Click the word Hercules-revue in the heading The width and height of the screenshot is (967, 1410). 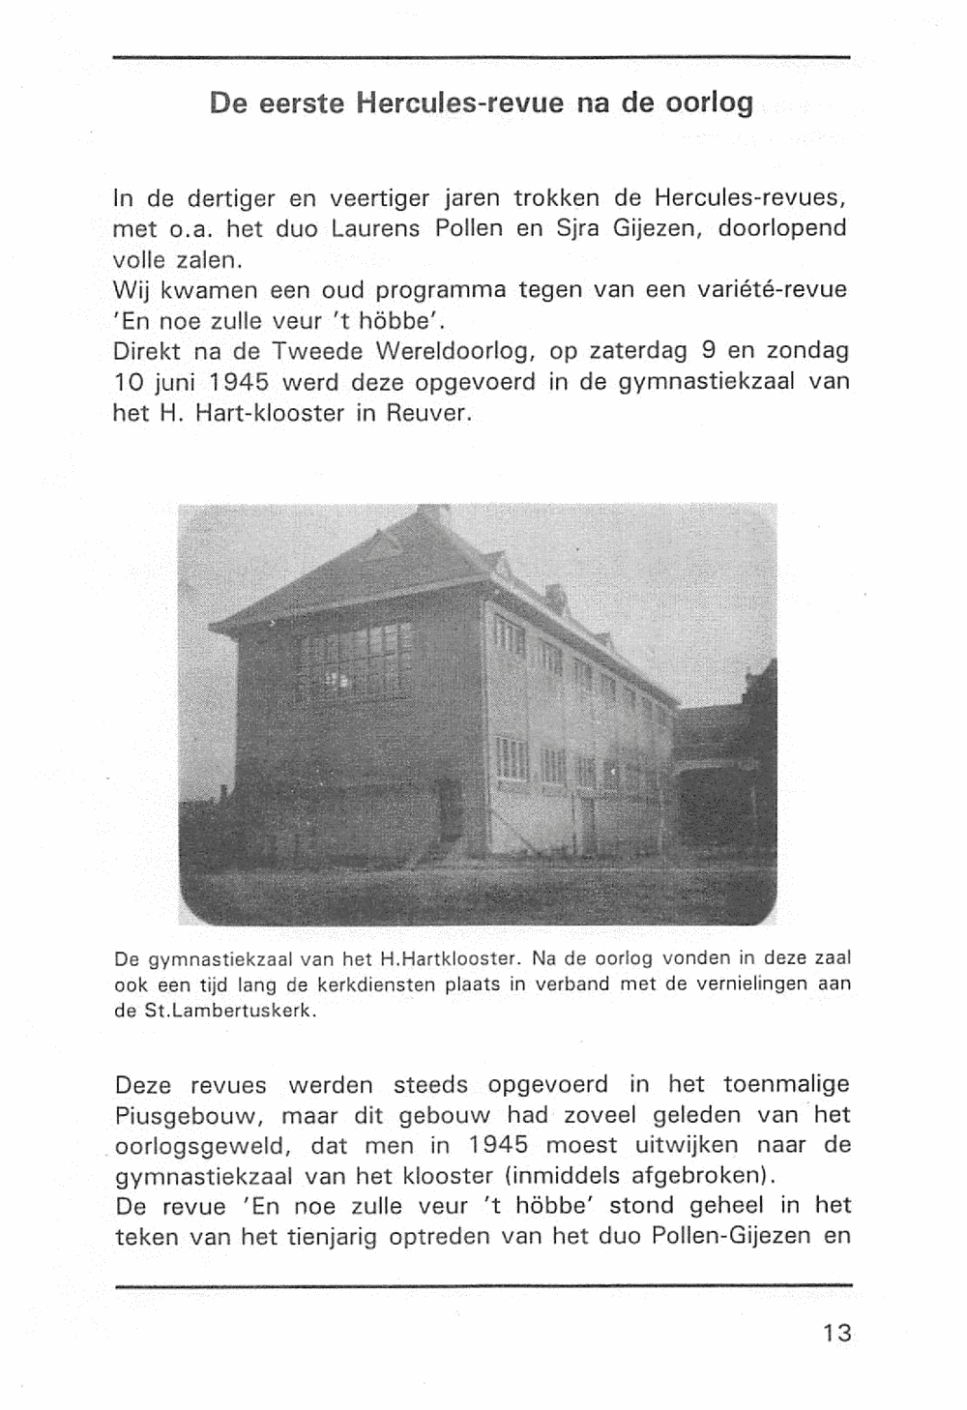point(459,103)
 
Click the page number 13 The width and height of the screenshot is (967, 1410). point(836,1333)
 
